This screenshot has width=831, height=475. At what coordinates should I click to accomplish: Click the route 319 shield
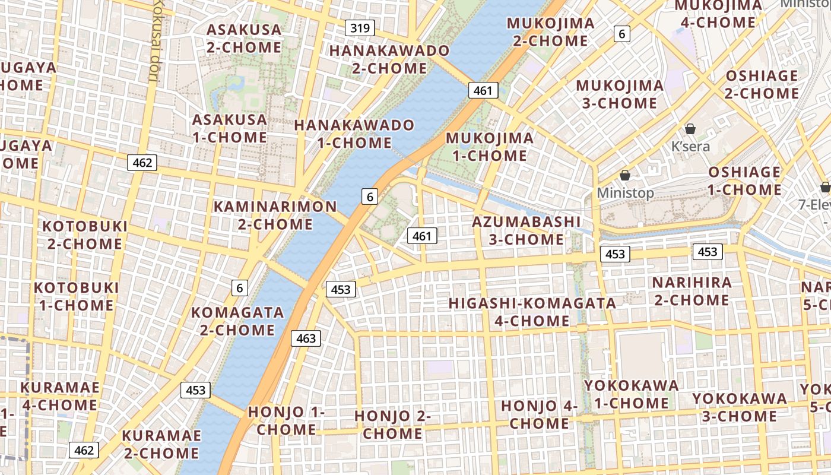(360, 27)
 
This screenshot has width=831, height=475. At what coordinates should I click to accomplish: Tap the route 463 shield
(306, 338)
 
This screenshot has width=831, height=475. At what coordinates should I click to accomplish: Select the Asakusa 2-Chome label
(244, 39)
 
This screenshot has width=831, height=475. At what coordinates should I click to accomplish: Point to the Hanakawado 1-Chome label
(354, 134)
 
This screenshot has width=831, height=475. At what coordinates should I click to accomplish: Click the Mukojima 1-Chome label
(490, 147)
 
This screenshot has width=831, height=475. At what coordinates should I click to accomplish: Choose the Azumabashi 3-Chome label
(526, 230)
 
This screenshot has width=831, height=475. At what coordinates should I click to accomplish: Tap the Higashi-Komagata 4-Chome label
(532, 312)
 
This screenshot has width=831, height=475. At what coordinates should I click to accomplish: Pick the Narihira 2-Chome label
(692, 291)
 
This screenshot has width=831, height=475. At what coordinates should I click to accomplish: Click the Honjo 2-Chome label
(392, 424)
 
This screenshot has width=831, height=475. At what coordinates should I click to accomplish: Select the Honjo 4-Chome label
(539, 414)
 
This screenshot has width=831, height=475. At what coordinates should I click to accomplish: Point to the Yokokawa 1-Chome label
(632, 394)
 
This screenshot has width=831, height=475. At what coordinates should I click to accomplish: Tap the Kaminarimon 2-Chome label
(275, 215)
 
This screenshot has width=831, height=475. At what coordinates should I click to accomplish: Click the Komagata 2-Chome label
(237, 321)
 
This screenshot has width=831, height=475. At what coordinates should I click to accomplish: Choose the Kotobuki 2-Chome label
(85, 235)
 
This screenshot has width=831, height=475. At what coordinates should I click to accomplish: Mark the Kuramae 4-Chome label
(60, 396)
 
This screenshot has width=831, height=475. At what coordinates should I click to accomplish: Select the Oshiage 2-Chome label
(762, 84)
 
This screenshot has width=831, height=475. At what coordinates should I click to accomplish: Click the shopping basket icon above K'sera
(690, 129)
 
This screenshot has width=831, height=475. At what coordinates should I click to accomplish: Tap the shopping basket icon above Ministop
(624, 175)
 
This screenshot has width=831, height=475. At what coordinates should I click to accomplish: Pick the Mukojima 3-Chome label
(620, 94)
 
